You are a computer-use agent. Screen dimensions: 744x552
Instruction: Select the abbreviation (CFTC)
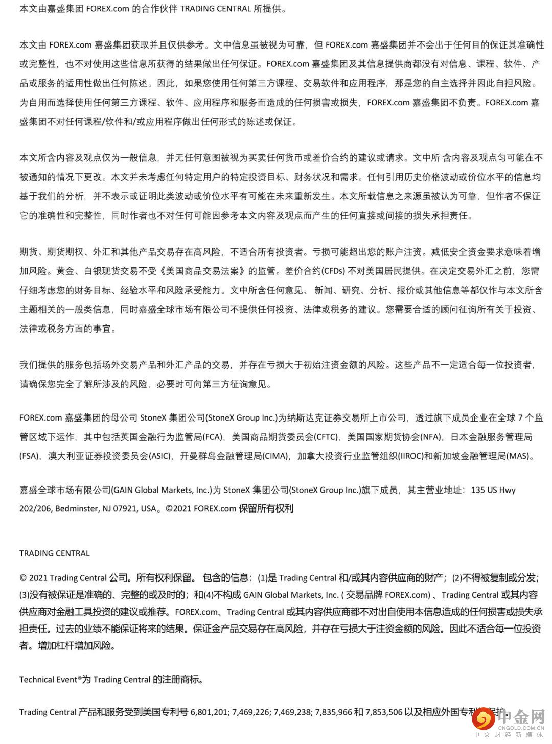coord(326,437)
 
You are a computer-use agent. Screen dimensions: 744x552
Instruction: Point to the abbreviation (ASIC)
coord(160,456)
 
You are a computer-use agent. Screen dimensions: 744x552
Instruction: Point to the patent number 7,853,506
coord(383,712)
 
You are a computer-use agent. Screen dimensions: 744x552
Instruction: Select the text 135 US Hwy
coord(493,490)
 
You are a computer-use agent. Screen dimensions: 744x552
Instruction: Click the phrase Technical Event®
coord(50,680)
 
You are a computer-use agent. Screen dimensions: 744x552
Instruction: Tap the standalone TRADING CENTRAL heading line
coord(55,553)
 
